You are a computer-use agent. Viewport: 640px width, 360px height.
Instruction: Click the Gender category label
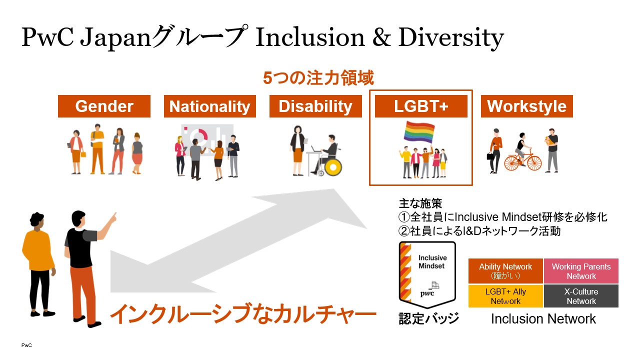click(104, 106)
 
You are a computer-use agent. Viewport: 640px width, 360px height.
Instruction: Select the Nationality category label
click(209, 106)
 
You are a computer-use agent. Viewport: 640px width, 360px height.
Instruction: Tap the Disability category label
click(315, 106)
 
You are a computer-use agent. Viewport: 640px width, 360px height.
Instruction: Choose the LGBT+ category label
click(421, 106)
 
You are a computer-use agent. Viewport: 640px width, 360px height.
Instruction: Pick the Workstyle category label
click(527, 106)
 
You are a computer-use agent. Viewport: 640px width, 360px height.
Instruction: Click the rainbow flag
click(419, 132)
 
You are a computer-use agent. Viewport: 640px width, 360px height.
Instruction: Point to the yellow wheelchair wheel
click(333, 167)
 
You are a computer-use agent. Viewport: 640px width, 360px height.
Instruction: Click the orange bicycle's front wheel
click(534, 163)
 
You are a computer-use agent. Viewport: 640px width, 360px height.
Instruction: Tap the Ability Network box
click(505, 271)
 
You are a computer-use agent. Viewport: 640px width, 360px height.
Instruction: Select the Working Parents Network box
click(581, 271)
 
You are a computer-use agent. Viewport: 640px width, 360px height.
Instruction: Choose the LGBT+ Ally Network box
click(505, 296)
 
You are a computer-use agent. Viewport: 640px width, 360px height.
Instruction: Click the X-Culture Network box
click(581, 296)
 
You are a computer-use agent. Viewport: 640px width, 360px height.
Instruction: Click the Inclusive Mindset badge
click(427, 275)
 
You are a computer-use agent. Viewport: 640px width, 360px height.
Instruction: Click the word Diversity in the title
click(451, 37)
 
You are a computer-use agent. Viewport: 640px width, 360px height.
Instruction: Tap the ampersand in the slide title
click(381, 37)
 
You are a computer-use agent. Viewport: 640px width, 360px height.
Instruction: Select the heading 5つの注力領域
click(318, 78)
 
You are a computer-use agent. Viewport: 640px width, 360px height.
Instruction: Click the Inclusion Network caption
click(543, 319)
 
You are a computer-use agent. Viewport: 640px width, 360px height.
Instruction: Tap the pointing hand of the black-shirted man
click(113, 217)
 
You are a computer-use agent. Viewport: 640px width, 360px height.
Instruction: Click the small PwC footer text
click(26, 345)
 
